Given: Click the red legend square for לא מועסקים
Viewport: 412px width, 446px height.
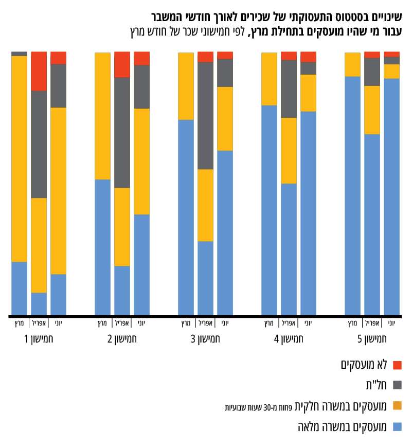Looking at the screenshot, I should tap(397, 365).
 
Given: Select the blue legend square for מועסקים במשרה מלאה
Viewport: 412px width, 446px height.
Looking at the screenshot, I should tap(397, 427).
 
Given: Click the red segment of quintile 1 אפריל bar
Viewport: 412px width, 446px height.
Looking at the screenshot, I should tap(39, 71).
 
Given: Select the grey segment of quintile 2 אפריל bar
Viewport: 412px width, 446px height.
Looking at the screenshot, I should tap(122, 132).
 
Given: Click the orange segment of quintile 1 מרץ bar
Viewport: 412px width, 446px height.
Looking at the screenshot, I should tap(19, 159).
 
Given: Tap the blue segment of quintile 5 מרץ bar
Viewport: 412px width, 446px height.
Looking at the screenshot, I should tap(352, 196).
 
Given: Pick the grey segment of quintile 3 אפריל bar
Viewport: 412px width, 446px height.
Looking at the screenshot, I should tap(205, 115).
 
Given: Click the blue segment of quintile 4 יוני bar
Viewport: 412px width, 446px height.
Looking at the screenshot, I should tap(308, 213).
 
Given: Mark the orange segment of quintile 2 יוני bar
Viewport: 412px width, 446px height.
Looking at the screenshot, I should tap(141, 161).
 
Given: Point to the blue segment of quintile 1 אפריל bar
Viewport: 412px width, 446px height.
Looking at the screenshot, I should tap(39, 304).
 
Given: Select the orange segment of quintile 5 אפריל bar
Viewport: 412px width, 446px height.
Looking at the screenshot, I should tap(372, 110).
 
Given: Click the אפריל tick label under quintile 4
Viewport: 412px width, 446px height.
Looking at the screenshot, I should tap(289, 323).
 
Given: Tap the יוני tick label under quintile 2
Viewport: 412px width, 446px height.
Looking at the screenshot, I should tap(141, 323).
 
